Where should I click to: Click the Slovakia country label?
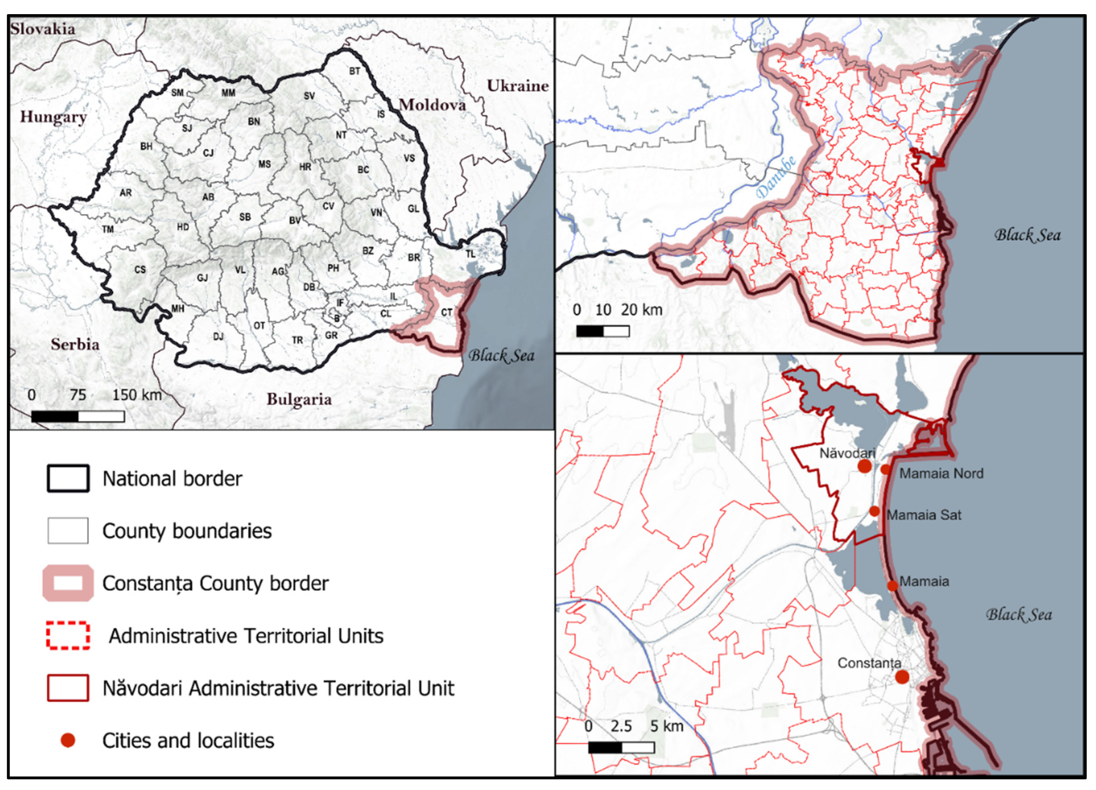coord(43,29)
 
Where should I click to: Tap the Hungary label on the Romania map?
coord(53,117)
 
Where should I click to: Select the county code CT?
coord(447,312)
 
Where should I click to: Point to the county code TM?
coord(108,230)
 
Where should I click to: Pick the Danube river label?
coord(776,177)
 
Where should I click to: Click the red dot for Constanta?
coord(902,677)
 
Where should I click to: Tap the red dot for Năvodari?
coord(864,466)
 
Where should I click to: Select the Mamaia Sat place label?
coord(924,515)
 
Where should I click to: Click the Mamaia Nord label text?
coord(941,474)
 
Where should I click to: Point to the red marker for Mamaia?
coord(892,586)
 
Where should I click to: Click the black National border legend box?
coord(68,478)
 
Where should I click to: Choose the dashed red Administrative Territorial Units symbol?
coord(68,636)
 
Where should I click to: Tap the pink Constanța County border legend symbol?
coord(68,583)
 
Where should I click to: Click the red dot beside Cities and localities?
coord(68,740)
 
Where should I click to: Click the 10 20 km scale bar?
coord(603,331)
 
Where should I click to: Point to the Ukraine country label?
coord(518,86)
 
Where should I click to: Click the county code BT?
coord(355,71)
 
